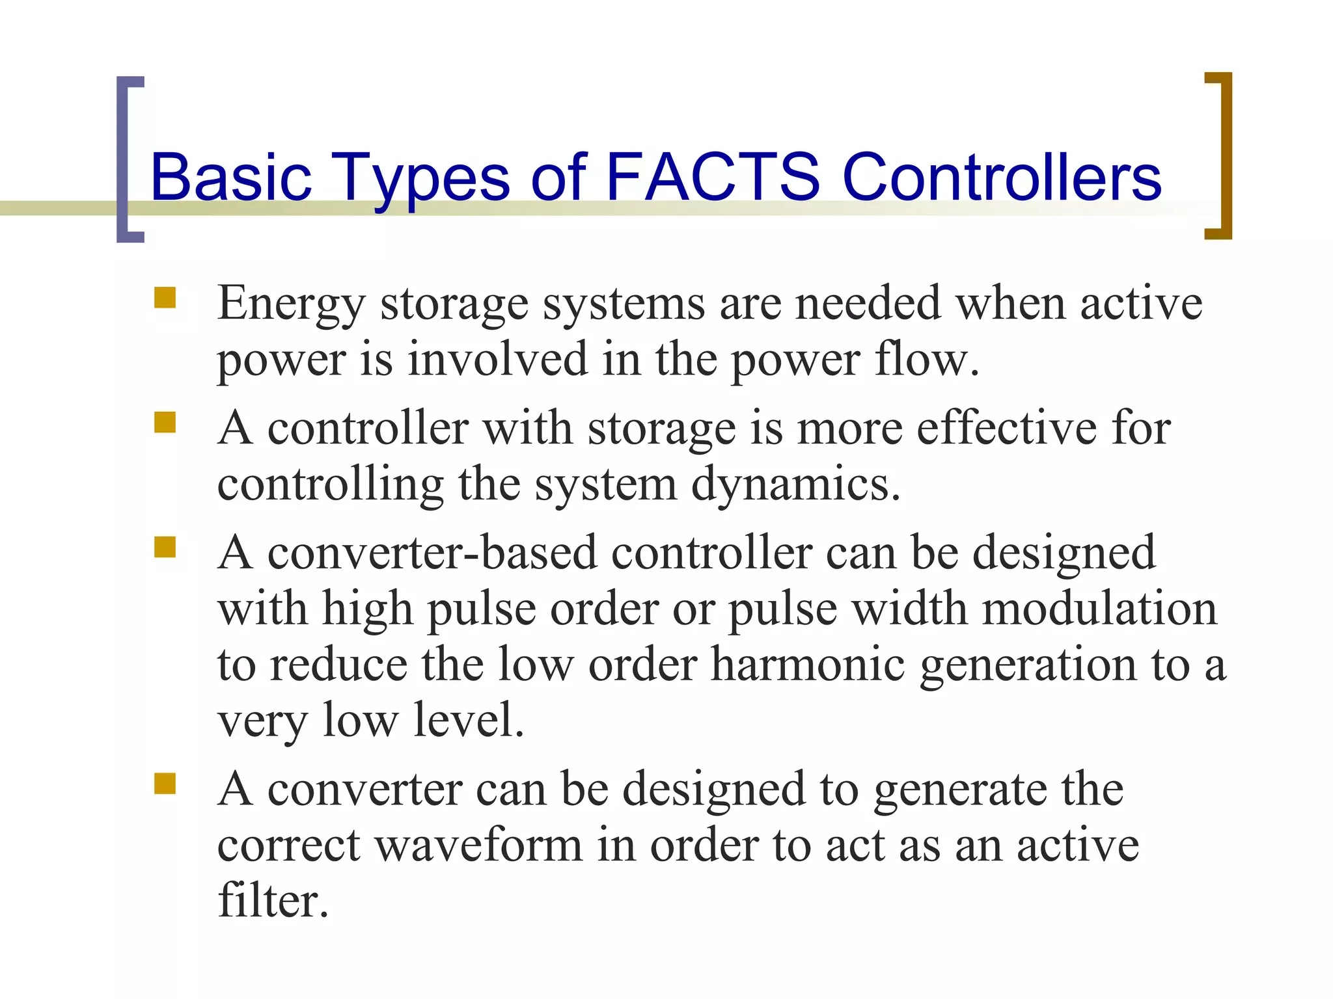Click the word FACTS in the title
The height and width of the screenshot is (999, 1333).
[x=713, y=176]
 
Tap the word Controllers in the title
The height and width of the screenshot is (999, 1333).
[x=1002, y=176]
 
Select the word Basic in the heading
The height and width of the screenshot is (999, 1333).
[x=231, y=176]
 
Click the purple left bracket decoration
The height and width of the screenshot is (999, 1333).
[x=124, y=159]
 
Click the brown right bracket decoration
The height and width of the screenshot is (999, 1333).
[x=1224, y=156]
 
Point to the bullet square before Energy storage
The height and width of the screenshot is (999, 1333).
[x=165, y=298]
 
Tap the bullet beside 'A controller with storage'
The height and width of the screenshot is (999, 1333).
[x=165, y=423]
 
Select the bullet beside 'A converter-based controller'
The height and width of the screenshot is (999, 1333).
[x=165, y=548]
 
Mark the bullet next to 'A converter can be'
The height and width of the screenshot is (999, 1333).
[x=165, y=784]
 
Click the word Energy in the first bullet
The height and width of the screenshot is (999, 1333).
[x=291, y=304]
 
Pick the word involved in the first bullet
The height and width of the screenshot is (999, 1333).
[x=498, y=359]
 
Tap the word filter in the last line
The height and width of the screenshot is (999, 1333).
[x=273, y=901]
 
